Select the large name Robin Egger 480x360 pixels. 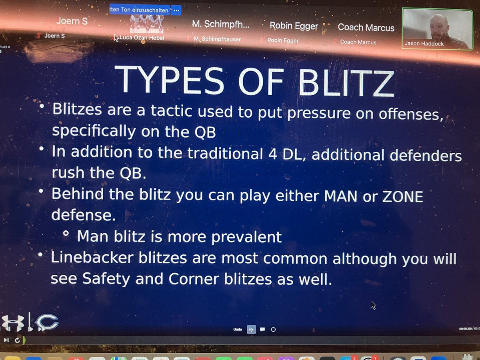(x=294, y=26)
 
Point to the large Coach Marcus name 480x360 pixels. (x=366, y=28)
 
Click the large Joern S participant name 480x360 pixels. (x=72, y=21)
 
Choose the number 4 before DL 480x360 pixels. (x=268, y=154)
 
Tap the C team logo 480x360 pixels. (x=46, y=322)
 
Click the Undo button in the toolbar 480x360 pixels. (x=237, y=330)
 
